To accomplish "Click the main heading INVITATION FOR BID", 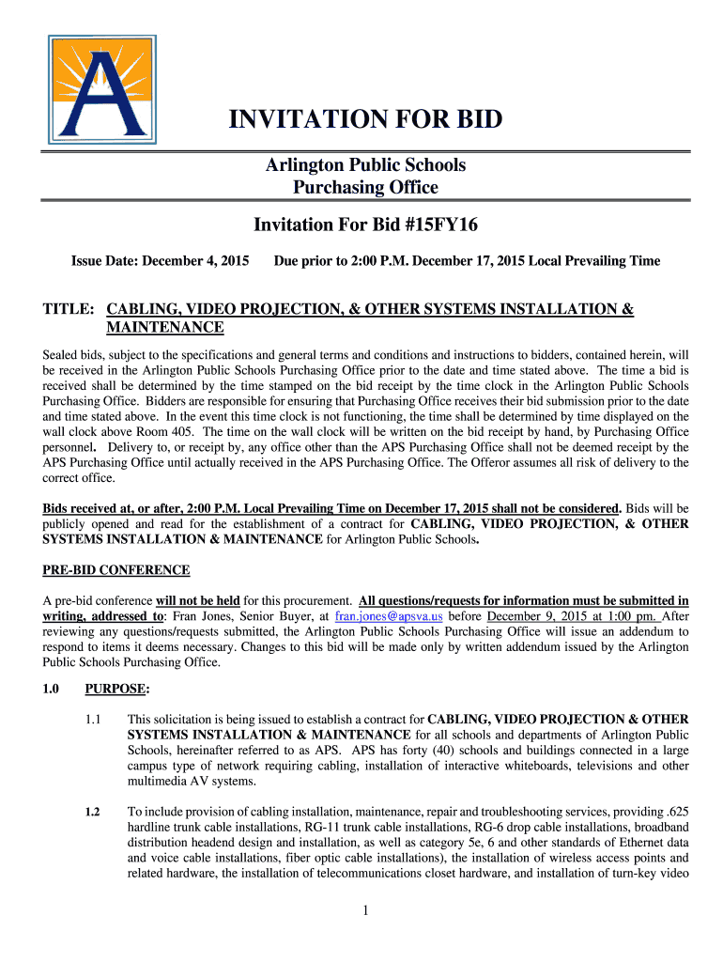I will pyautogui.click(x=366, y=120).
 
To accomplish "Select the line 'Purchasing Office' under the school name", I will pyautogui.click(x=365, y=188).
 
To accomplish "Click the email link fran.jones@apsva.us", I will pyautogui.click(x=390, y=616).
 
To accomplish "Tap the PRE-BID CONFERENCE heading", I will pyautogui.click(x=116, y=570).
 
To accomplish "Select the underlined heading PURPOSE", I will pyautogui.click(x=116, y=689).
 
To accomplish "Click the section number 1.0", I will pyautogui.click(x=52, y=689).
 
